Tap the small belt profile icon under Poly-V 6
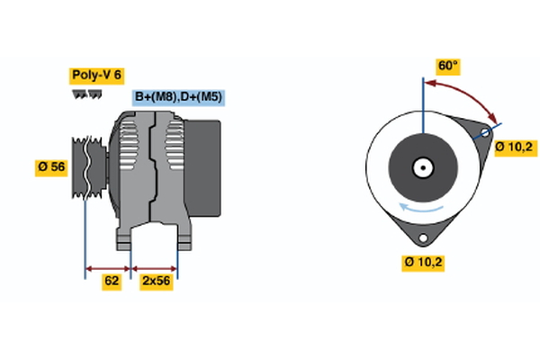tap(86, 93)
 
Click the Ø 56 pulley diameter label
tap(52, 166)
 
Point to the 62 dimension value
tap(112, 282)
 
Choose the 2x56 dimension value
tap(155, 282)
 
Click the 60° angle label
tap(448, 66)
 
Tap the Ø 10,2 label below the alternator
tap(422, 263)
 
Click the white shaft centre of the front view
tap(421, 166)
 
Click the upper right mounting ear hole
tap(484, 133)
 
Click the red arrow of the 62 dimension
tap(108, 267)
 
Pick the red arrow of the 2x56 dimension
tap(154, 267)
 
